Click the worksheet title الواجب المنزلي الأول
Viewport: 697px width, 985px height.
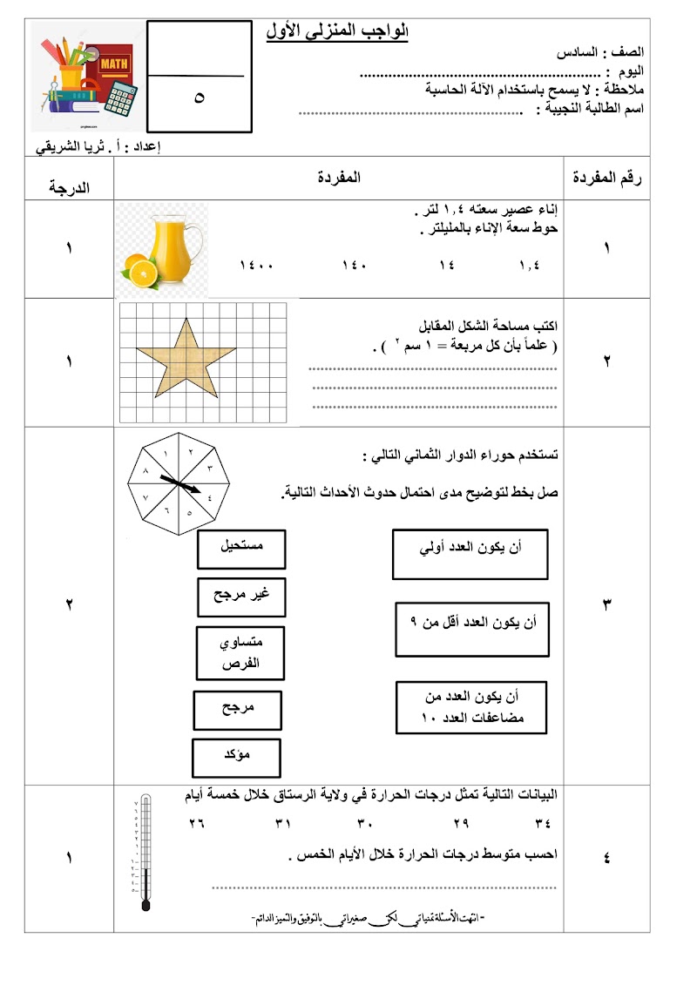click(337, 32)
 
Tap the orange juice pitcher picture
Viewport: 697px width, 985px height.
click(163, 248)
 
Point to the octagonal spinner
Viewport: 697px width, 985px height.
click(175, 482)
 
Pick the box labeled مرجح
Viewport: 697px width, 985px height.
click(237, 710)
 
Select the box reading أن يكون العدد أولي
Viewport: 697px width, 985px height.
click(470, 554)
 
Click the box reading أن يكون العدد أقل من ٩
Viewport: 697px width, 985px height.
click(473, 628)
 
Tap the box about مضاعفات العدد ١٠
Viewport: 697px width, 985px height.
click(471, 709)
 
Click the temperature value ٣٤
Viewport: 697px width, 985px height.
click(544, 823)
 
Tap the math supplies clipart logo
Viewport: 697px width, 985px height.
click(84, 78)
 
